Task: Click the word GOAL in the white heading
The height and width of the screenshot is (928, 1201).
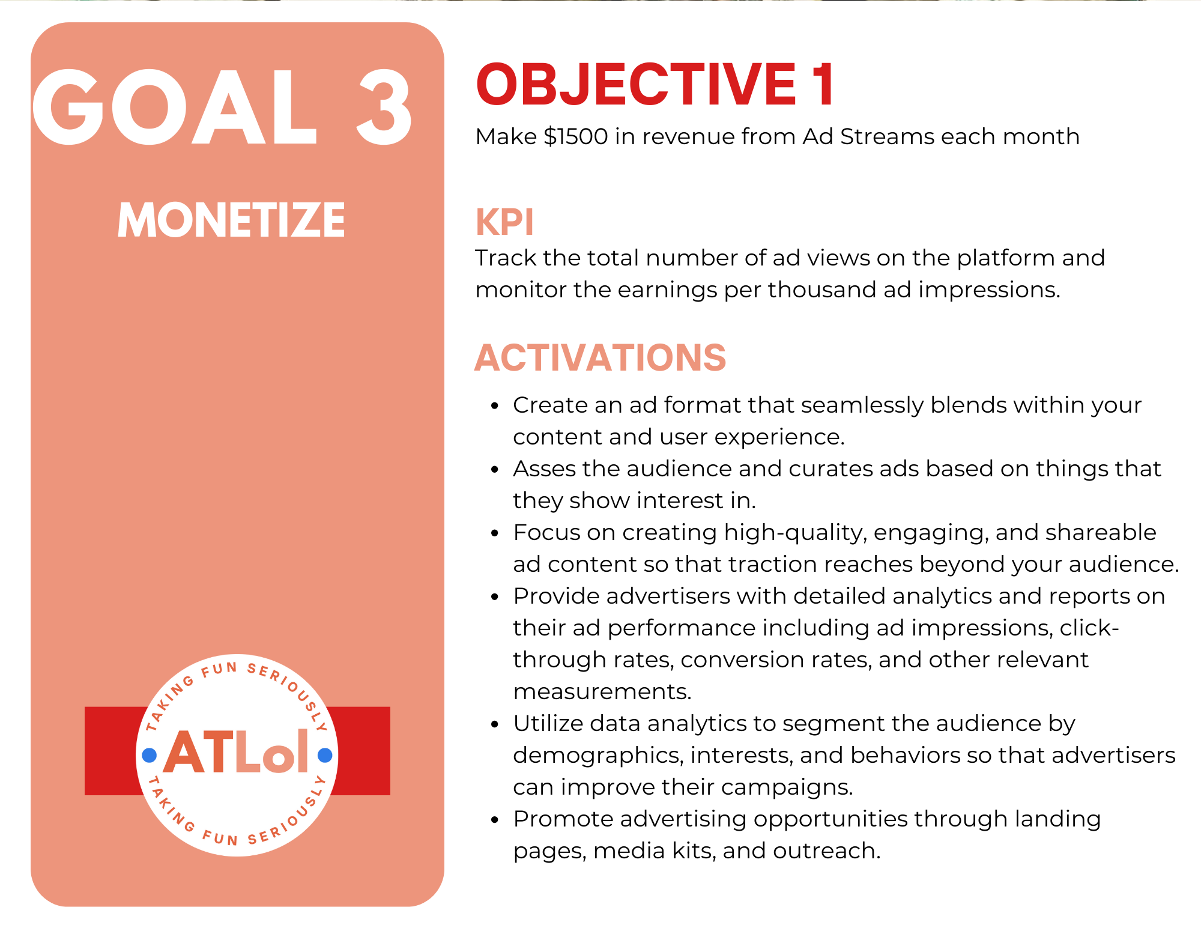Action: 174,107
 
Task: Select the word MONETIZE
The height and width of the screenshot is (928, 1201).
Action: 231,220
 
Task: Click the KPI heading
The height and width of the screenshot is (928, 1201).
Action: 504,222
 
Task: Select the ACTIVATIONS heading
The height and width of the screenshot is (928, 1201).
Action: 600,357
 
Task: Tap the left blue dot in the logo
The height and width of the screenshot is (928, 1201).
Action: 150,755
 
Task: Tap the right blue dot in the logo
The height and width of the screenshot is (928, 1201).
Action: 325,755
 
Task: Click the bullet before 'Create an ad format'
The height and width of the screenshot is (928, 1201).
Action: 495,406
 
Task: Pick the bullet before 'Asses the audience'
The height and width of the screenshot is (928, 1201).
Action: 495,470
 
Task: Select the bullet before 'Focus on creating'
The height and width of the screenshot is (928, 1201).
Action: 495,533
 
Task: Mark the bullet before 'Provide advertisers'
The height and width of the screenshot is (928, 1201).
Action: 495,597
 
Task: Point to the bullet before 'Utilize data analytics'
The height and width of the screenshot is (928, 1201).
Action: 495,724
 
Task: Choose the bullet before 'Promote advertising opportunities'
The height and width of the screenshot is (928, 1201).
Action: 495,820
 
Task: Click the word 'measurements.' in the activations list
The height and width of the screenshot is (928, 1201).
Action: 602,692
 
